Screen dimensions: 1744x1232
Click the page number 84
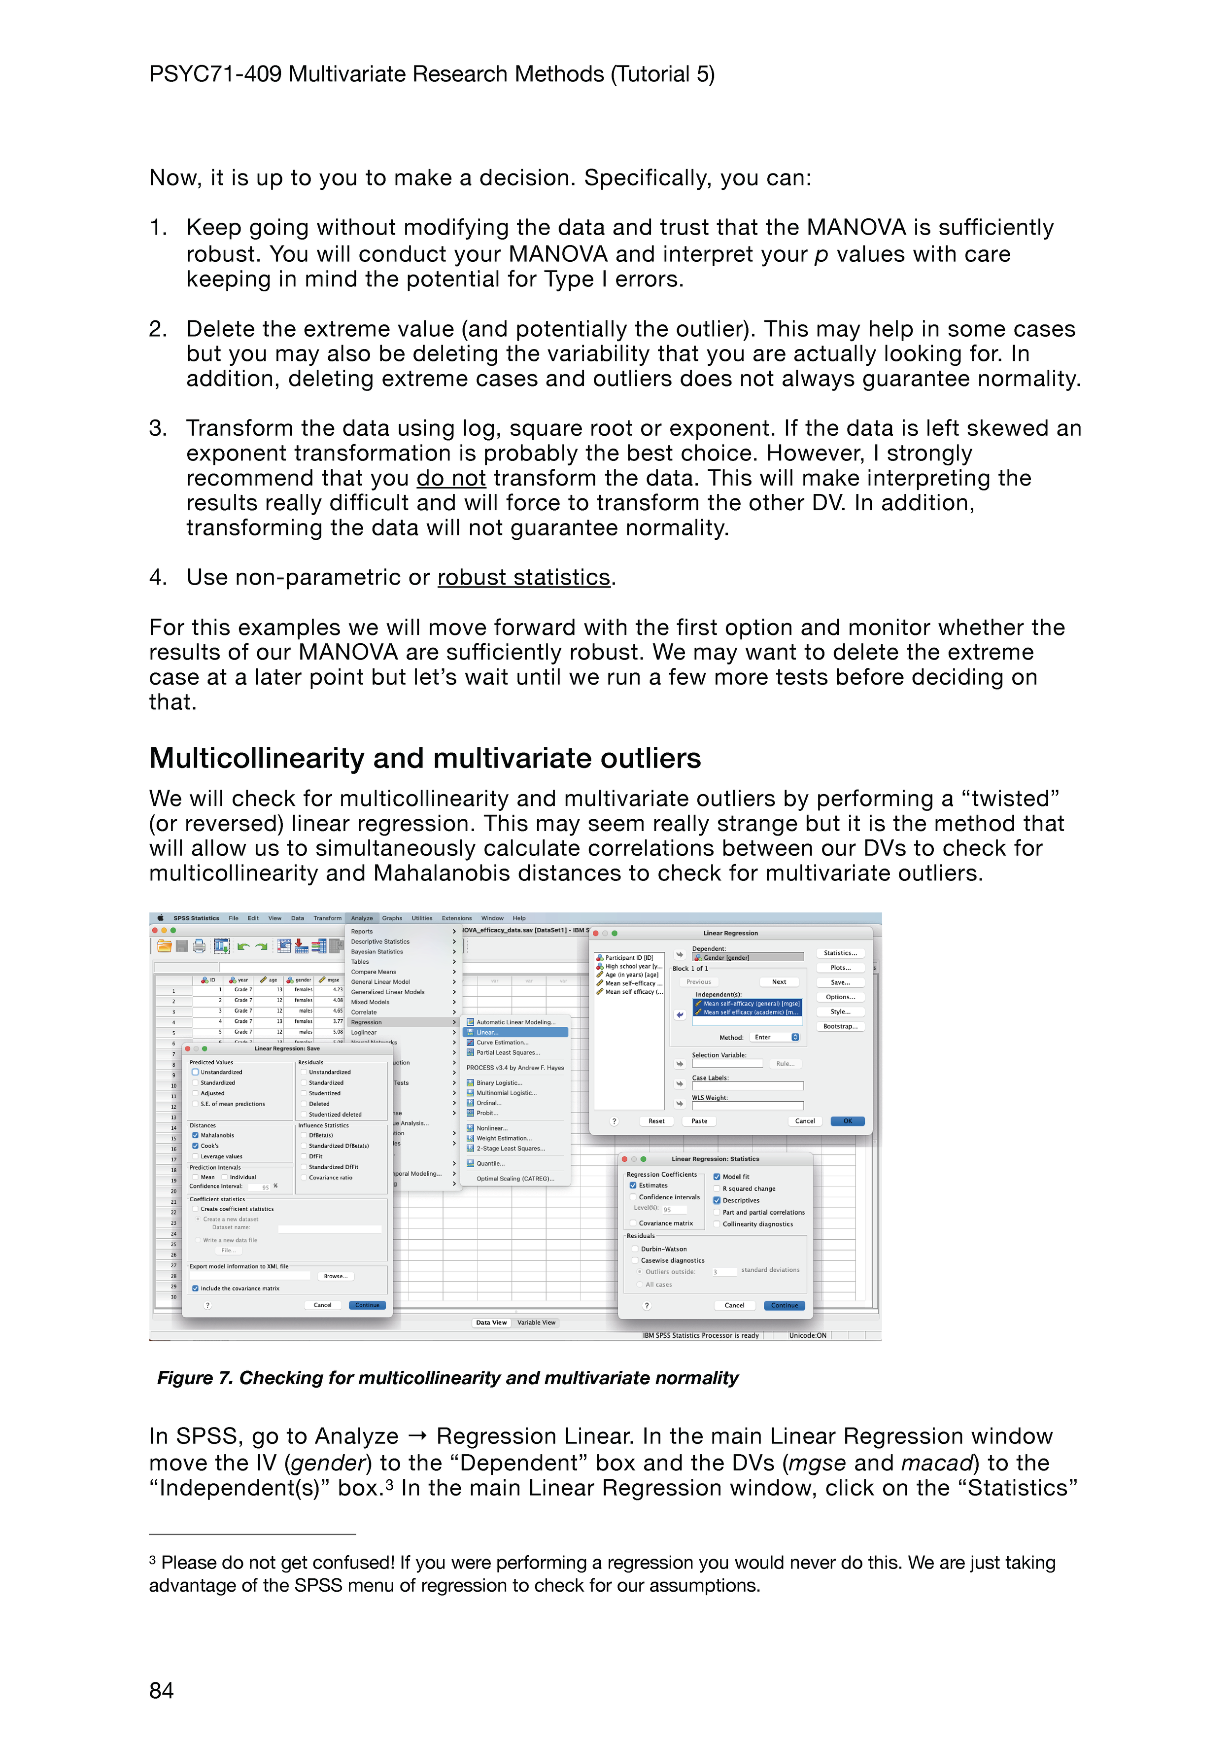click(161, 1690)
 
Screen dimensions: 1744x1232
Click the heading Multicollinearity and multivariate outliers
click(425, 758)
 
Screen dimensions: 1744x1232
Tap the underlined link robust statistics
click(523, 577)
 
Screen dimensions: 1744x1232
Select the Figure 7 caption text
click(447, 1377)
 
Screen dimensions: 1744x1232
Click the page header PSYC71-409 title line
click(431, 74)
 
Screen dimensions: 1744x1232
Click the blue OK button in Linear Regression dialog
click(847, 1121)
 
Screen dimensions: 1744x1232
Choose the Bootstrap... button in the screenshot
click(840, 1026)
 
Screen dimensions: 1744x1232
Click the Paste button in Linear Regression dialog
click(699, 1121)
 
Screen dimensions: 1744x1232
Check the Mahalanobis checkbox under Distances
click(195, 1135)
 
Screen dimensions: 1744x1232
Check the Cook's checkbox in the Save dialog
click(195, 1146)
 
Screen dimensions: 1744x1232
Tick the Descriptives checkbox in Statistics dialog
click(716, 1200)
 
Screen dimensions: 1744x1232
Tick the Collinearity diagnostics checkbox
click(716, 1223)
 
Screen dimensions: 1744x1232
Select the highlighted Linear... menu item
click(515, 1032)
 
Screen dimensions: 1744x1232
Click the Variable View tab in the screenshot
click(536, 1323)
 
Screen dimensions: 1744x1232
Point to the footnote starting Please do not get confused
click(602, 1573)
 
